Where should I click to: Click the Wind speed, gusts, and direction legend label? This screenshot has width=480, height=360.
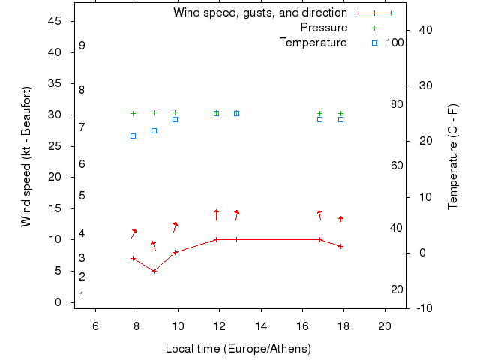pyautogui.click(x=259, y=13)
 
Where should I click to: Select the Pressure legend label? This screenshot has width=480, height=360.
pyautogui.click(x=324, y=28)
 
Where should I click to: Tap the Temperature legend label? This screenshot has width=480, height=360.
pyautogui.click(x=313, y=43)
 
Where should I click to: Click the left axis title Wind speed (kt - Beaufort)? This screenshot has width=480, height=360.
pyautogui.click(x=26, y=157)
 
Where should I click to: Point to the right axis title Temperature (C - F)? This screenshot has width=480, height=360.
pyautogui.click(x=453, y=157)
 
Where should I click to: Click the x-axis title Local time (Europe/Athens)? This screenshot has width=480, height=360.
pyautogui.click(x=238, y=349)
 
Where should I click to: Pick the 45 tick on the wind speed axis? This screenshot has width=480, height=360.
pyautogui.click(x=54, y=21)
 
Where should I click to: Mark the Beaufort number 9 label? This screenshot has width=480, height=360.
pyautogui.click(x=82, y=46)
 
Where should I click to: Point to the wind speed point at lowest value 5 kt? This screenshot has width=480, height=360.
pyautogui.click(x=154, y=271)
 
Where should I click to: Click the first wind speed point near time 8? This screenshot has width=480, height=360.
pyautogui.click(x=133, y=258)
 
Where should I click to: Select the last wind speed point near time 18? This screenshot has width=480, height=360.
pyautogui.click(x=340, y=246)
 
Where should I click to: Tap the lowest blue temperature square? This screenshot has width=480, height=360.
pyautogui.click(x=133, y=136)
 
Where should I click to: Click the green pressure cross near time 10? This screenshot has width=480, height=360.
pyautogui.click(x=175, y=112)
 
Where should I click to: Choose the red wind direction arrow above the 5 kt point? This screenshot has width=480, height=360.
pyautogui.click(x=154, y=245)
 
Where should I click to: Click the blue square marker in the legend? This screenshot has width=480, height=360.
pyautogui.click(x=374, y=43)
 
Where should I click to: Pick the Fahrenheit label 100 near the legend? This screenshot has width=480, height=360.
pyautogui.click(x=394, y=43)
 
